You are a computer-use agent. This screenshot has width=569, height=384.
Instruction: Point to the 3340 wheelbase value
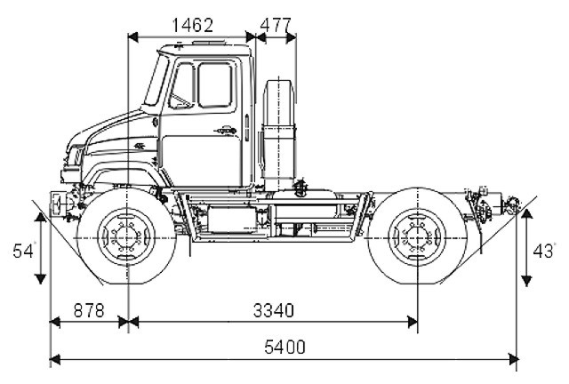tap(274, 311)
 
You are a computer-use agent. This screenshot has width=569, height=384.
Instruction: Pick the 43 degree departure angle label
tap(540, 251)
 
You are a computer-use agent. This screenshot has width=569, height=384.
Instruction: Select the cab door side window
tap(213, 84)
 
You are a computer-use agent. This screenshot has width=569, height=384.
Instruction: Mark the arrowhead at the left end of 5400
tap(53, 358)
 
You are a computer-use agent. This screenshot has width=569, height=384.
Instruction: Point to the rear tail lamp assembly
tap(510, 206)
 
